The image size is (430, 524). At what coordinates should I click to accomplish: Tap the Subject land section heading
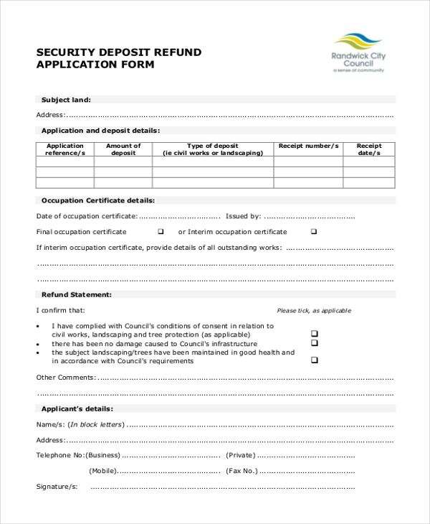click(66, 100)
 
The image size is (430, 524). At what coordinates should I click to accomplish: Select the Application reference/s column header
click(65, 149)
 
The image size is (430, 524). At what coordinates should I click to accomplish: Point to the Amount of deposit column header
click(123, 149)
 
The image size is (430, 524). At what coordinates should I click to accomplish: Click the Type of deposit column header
click(213, 149)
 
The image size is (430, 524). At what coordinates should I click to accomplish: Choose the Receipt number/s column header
click(308, 146)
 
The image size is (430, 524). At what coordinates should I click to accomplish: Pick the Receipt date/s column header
click(369, 149)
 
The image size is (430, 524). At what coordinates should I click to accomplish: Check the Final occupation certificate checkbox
click(161, 232)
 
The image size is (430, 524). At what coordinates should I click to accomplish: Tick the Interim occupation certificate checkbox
click(314, 232)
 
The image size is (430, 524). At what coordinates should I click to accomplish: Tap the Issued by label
click(243, 216)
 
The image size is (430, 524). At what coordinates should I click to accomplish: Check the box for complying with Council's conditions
click(314, 334)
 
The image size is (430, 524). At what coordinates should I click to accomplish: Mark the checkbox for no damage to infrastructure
click(314, 344)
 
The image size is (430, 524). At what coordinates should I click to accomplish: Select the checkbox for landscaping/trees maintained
click(314, 361)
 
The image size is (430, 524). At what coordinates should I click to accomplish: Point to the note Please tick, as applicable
click(314, 311)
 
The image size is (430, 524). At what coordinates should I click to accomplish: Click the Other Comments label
click(65, 377)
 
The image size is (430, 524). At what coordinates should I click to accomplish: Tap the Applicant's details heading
click(77, 408)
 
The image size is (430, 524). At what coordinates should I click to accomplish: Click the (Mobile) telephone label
click(102, 471)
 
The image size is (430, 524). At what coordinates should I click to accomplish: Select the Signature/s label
click(57, 487)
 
